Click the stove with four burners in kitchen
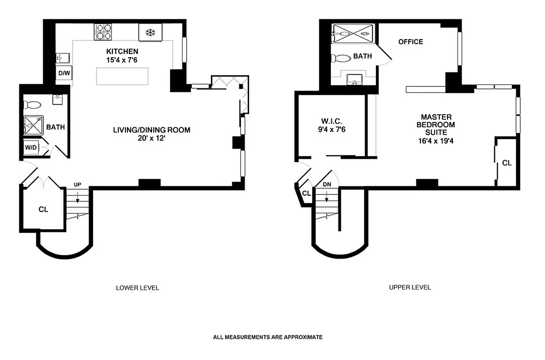pyautogui.click(x=103, y=32)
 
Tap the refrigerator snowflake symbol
pyautogui.click(x=150, y=32)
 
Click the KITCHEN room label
pyautogui.click(x=122, y=51)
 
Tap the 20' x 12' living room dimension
pyautogui.click(x=152, y=139)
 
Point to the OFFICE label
pyautogui.click(x=411, y=42)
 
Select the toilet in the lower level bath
pyautogui.click(x=32, y=105)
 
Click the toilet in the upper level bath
pyautogui.click(x=340, y=58)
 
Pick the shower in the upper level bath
pyautogui.click(x=353, y=33)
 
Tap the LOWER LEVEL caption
pyautogui.click(x=138, y=288)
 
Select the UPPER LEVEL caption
pyautogui.click(x=410, y=287)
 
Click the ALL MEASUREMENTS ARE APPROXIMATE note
pyautogui.click(x=268, y=337)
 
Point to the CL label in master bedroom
pyautogui.click(x=507, y=163)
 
